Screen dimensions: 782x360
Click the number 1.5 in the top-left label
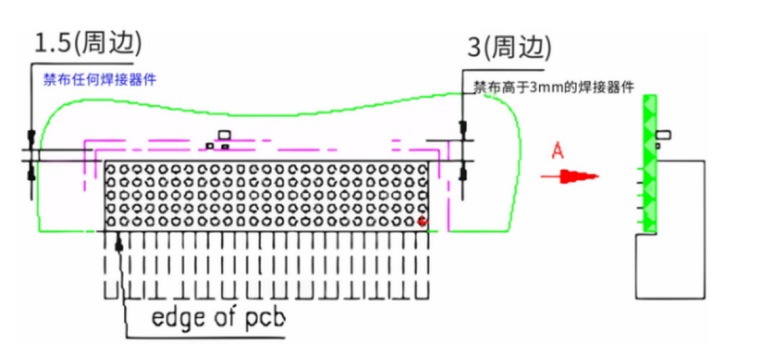pos(52,44)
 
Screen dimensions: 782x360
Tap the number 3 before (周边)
pos(474,48)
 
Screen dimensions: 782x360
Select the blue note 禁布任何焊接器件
pos(100,80)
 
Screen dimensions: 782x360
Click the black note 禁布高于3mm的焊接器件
pos(554,88)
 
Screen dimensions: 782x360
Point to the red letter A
pos(558,151)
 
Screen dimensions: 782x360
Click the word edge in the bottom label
pos(176,317)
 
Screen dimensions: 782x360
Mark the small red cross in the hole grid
pos(422,221)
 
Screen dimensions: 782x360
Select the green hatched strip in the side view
pos(650,164)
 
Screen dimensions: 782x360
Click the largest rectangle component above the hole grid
pos(224,135)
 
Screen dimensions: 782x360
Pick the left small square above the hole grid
pos(210,146)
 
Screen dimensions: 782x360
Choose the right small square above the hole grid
pos(225,147)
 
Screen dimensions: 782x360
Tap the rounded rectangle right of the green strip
pos(664,135)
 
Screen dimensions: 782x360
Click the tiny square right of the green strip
pos(658,146)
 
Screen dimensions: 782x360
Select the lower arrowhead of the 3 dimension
pos(463,172)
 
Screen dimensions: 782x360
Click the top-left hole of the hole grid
pos(111,170)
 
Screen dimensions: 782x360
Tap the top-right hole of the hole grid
pos(423,170)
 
